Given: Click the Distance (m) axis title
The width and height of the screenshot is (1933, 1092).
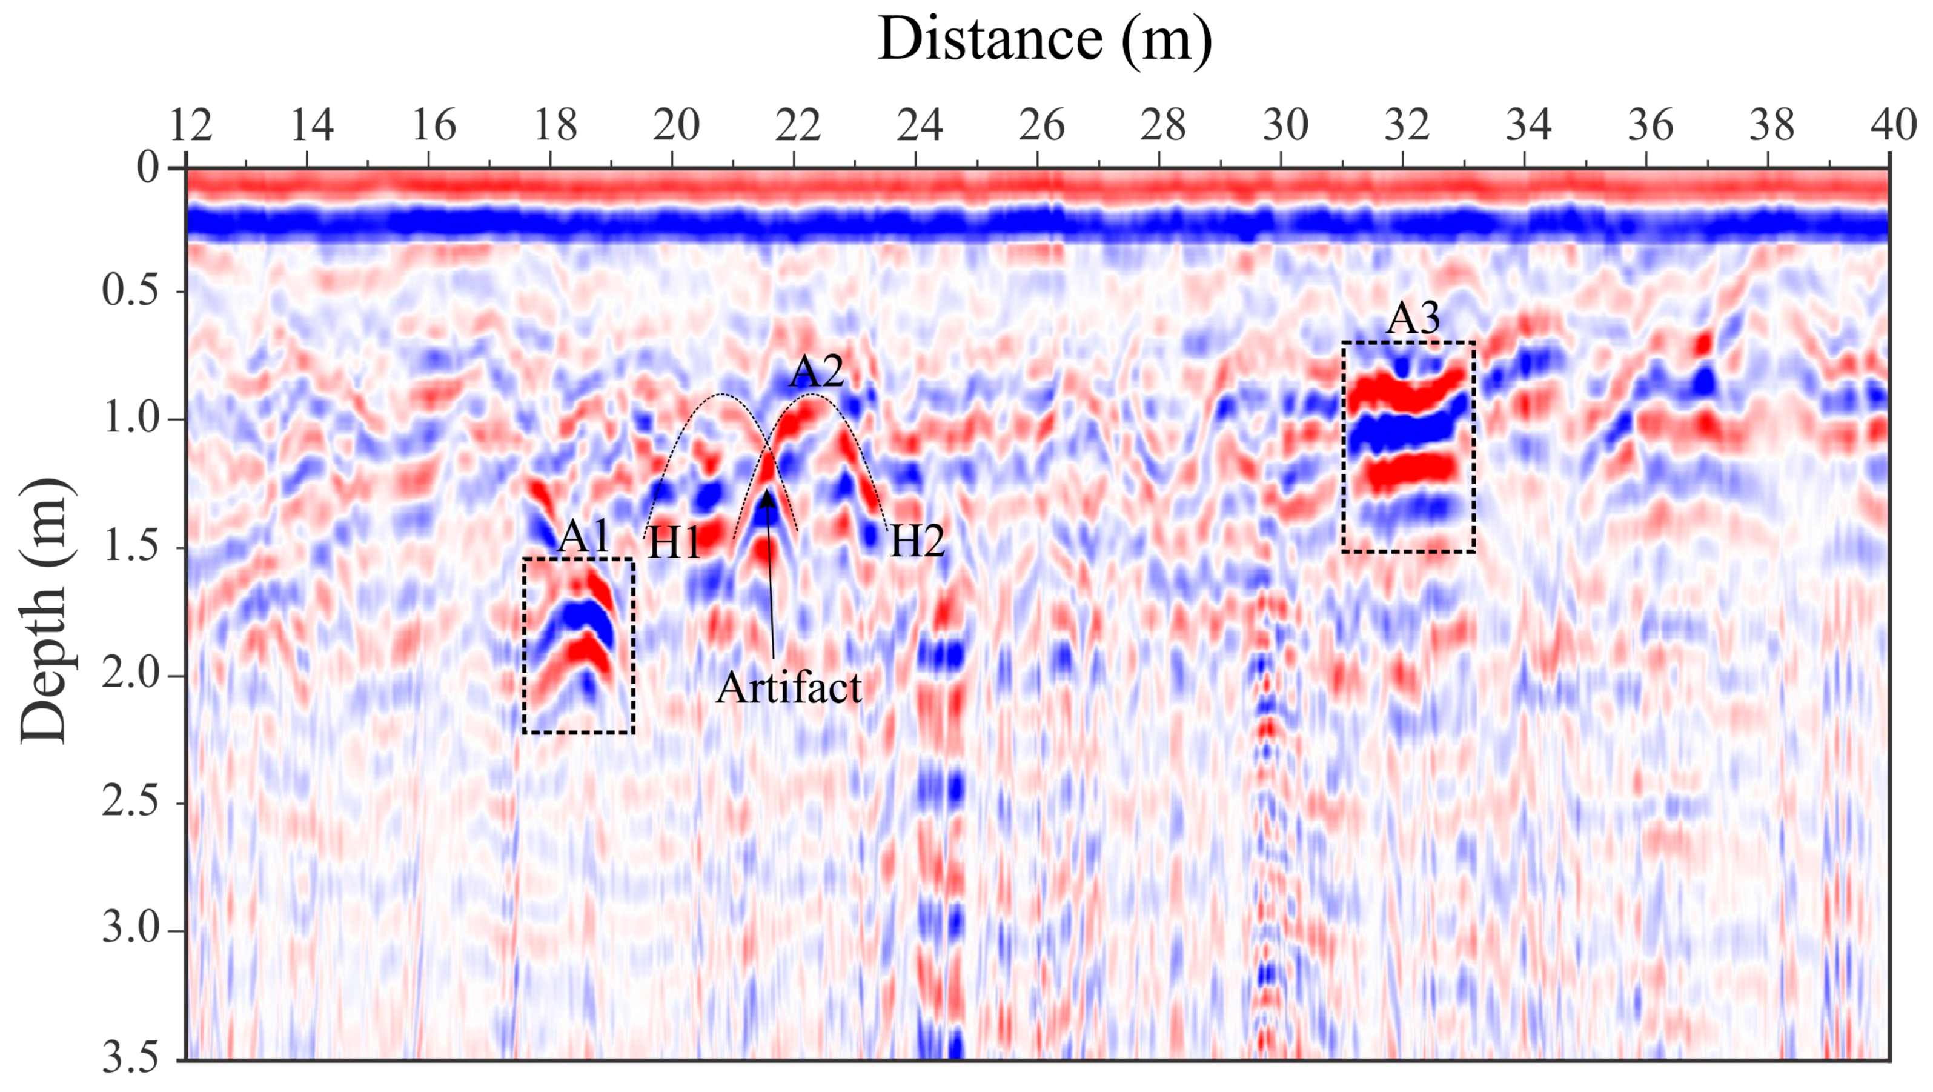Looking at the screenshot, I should (1044, 39).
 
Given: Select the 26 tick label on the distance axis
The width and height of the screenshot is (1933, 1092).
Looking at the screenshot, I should (1041, 125).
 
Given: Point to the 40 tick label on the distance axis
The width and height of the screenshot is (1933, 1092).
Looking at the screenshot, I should (1893, 125).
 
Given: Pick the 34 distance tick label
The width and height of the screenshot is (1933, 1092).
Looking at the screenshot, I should (1528, 125).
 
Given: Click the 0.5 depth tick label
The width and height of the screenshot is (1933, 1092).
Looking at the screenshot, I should (131, 290).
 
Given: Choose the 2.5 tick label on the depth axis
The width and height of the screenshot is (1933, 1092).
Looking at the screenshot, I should (131, 802).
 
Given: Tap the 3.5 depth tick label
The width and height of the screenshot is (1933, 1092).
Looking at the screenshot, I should (131, 1057).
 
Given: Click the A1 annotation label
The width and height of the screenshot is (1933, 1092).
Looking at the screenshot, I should (584, 536).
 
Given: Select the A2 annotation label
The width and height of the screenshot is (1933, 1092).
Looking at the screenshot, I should (816, 371).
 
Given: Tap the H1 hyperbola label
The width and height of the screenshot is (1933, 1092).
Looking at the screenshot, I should (674, 542).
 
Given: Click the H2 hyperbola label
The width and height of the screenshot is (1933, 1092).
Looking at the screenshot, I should (917, 541).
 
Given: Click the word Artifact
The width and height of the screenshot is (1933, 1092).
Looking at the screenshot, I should (789, 687).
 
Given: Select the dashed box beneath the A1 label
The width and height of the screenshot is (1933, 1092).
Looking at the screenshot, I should (579, 645).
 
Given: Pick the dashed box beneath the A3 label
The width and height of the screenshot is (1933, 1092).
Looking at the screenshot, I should (1408, 447).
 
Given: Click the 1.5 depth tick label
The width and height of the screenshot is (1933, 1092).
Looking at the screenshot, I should (131, 547).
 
